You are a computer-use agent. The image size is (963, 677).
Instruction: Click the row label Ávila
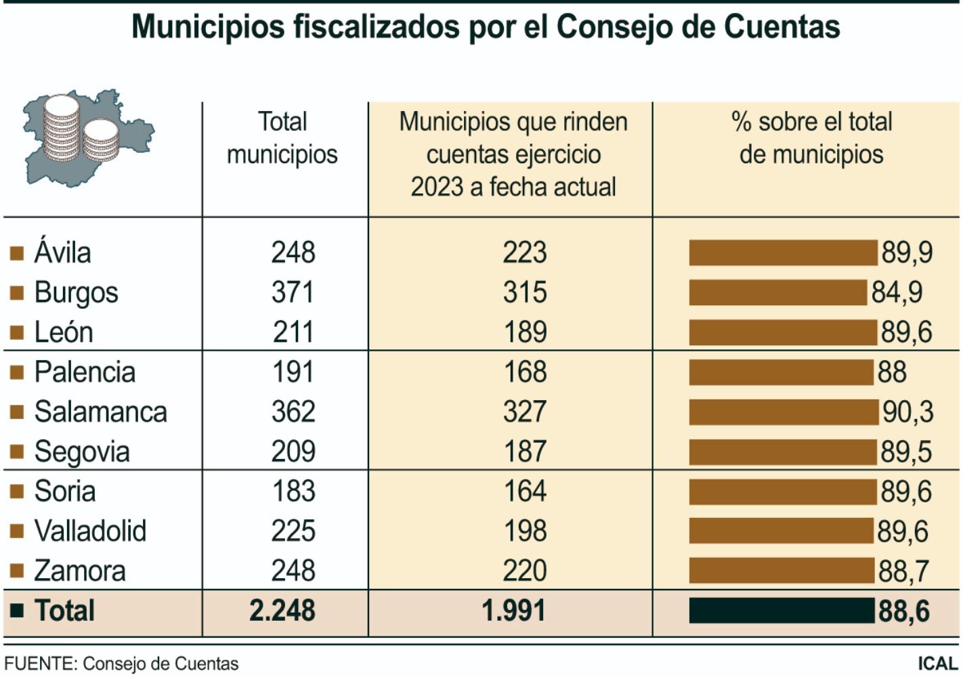[62, 253]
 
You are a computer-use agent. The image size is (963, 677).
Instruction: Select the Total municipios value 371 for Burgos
[293, 292]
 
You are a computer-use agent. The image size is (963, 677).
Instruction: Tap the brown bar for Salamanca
[784, 412]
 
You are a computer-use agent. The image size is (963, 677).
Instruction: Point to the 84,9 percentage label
[897, 292]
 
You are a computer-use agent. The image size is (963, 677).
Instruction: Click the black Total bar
[782, 611]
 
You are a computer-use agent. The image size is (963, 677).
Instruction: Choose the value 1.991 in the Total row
[513, 611]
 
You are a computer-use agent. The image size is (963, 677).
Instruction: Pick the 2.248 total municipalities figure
[282, 611]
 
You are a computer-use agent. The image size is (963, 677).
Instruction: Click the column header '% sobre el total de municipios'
[811, 138]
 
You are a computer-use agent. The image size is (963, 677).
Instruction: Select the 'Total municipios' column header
[282, 138]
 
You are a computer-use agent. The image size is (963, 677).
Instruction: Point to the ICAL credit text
[938, 663]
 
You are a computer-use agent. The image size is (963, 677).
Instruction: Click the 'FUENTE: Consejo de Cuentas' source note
[122, 663]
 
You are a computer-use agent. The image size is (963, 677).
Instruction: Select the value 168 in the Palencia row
[525, 372]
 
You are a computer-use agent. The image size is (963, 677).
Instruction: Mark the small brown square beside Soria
[17, 492]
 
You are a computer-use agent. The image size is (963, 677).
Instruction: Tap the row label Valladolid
[90, 531]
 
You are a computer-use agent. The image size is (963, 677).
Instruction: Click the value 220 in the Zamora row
[525, 571]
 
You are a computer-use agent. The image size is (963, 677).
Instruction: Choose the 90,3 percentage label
[907, 412]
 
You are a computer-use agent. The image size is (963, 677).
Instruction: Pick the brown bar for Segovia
[783, 452]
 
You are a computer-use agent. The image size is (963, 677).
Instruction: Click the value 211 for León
[293, 332]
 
